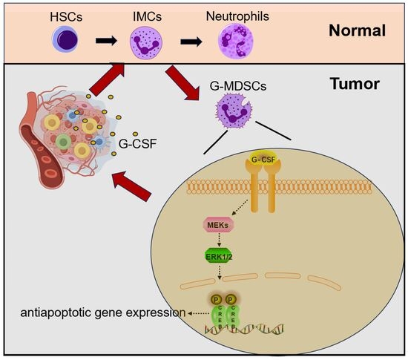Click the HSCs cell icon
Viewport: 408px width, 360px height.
[65, 40]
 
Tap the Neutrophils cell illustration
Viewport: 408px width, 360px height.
[235, 42]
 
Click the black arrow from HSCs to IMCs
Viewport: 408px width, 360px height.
[106, 41]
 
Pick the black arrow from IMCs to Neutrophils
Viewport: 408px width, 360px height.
[191, 42]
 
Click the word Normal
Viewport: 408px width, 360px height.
[357, 30]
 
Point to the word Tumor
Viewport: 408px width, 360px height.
[355, 84]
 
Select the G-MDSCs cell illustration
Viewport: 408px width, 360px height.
[234, 111]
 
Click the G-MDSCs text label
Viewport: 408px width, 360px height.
[238, 86]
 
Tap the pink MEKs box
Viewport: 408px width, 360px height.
[218, 225]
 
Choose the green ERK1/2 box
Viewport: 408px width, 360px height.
[219, 257]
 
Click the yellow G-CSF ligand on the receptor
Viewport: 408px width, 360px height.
[263, 159]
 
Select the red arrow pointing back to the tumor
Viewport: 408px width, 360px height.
[131, 186]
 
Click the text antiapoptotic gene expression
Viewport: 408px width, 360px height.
[103, 312]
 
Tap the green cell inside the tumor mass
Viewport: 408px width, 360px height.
[63, 142]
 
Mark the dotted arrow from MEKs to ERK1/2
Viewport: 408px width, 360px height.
[219, 240]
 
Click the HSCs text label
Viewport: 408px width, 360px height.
[66, 17]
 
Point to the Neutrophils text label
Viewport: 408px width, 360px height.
[237, 16]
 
